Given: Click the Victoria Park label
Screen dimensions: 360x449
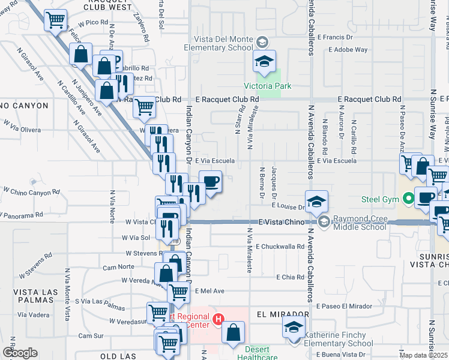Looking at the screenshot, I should point(268,86).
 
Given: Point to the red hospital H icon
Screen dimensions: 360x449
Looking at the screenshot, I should point(219,318).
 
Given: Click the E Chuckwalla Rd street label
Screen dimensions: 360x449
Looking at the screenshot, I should point(280,246).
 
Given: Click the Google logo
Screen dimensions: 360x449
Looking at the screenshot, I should point(20,353).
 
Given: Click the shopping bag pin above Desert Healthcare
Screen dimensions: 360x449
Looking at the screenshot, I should point(233,332).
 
